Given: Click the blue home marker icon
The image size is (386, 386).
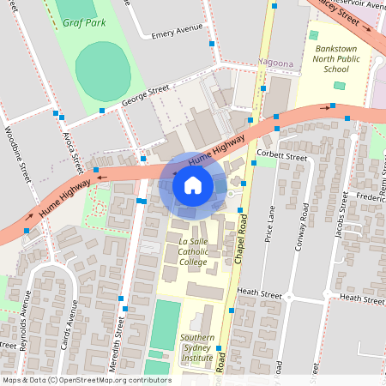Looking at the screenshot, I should pos(193,185).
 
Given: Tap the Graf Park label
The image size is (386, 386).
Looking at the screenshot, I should pos(84,23).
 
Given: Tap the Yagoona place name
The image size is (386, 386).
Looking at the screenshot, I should pos(276,63).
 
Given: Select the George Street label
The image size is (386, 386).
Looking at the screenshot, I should pos(146,93).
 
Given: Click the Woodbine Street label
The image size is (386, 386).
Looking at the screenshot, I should pos(18,148).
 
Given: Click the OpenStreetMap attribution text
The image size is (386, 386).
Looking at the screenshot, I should pos(86,380).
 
